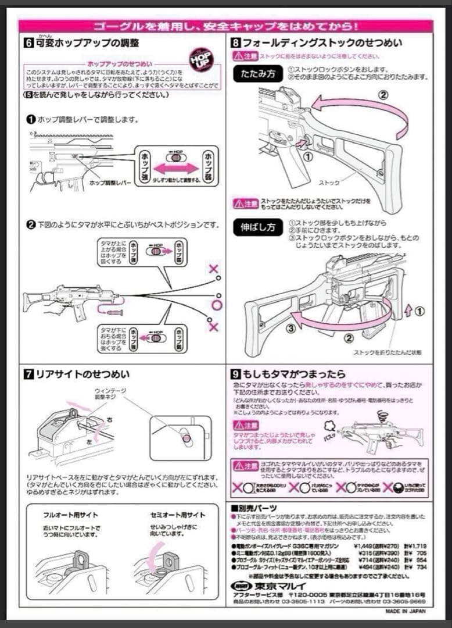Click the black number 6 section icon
coord(29,43)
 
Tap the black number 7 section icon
coord(29,374)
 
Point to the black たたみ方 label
coord(255,74)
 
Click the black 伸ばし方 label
coord(255,227)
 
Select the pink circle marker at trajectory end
coord(217,305)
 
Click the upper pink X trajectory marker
coord(214,269)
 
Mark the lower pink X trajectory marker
coord(213,327)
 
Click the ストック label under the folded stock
coord(329,183)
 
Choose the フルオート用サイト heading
coord(70,515)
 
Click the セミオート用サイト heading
coord(170,515)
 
